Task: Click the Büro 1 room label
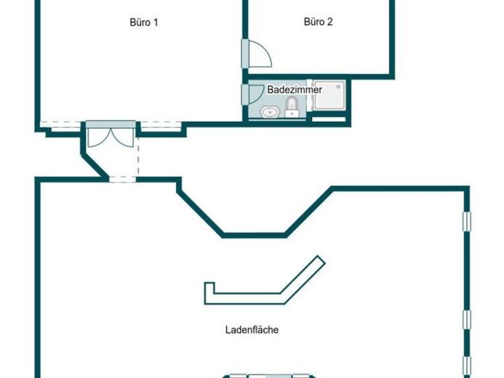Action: [x=144, y=23]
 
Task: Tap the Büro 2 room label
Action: [x=319, y=22]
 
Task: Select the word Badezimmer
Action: [x=295, y=89]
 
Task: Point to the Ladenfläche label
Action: [x=252, y=330]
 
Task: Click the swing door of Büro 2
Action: [x=260, y=54]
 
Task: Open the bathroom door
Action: [x=256, y=94]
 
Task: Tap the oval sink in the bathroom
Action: [x=270, y=113]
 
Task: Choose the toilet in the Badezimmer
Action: [x=292, y=108]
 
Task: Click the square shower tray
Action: [x=329, y=95]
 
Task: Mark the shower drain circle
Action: [x=338, y=87]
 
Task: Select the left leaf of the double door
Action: [x=100, y=138]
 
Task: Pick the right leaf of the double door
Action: [x=122, y=138]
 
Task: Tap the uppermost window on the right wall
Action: [x=467, y=221]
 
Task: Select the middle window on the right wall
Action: [x=467, y=320]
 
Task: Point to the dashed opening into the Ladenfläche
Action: [x=122, y=180]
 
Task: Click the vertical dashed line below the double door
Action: [x=138, y=156]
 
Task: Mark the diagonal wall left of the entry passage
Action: [x=94, y=166]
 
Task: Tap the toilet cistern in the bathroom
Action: [x=292, y=113]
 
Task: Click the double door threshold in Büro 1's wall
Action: [x=111, y=124]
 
